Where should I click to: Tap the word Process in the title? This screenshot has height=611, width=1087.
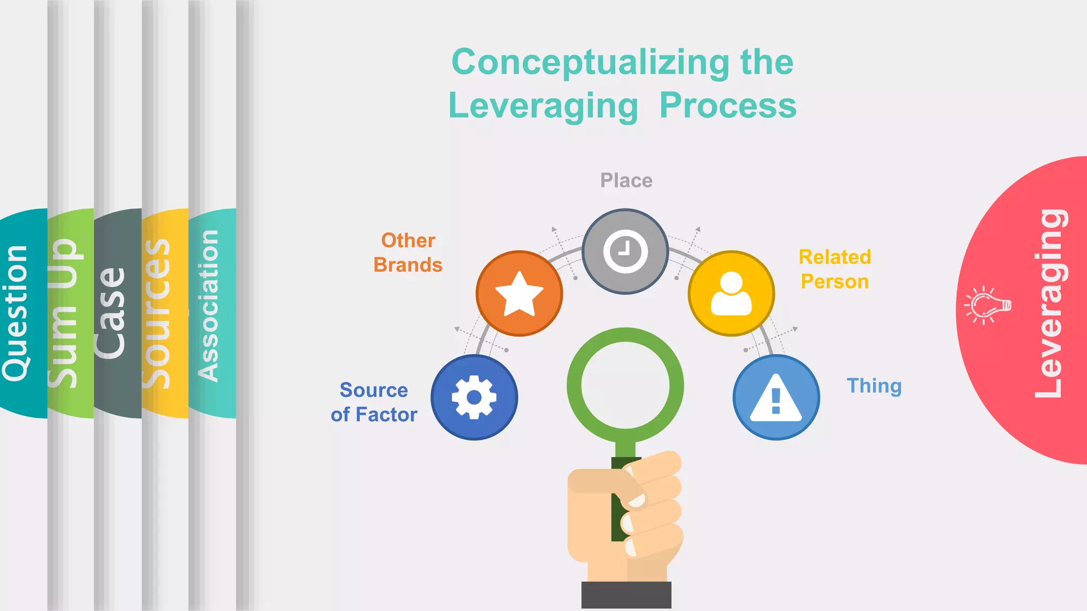tap(728, 106)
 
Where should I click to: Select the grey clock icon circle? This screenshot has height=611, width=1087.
tap(625, 251)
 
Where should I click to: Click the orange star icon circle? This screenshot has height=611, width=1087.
tap(519, 293)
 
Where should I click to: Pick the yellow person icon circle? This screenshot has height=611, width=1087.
tap(731, 293)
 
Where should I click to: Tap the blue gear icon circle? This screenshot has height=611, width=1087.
tap(474, 397)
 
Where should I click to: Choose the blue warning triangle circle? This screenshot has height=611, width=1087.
tap(776, 397)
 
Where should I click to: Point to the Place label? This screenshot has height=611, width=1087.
tap(626, 181)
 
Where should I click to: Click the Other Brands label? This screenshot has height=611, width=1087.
tap(408, 252)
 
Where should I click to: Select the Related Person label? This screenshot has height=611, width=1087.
tap(835, 269)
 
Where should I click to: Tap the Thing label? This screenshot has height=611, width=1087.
tap(874, 386)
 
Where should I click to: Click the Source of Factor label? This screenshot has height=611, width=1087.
tap(374, 402)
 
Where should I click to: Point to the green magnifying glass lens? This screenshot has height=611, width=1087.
tap(625, 386)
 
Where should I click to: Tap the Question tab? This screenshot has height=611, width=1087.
tap(16, 313)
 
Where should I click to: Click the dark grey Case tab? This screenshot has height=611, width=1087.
tap(111, 313)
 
